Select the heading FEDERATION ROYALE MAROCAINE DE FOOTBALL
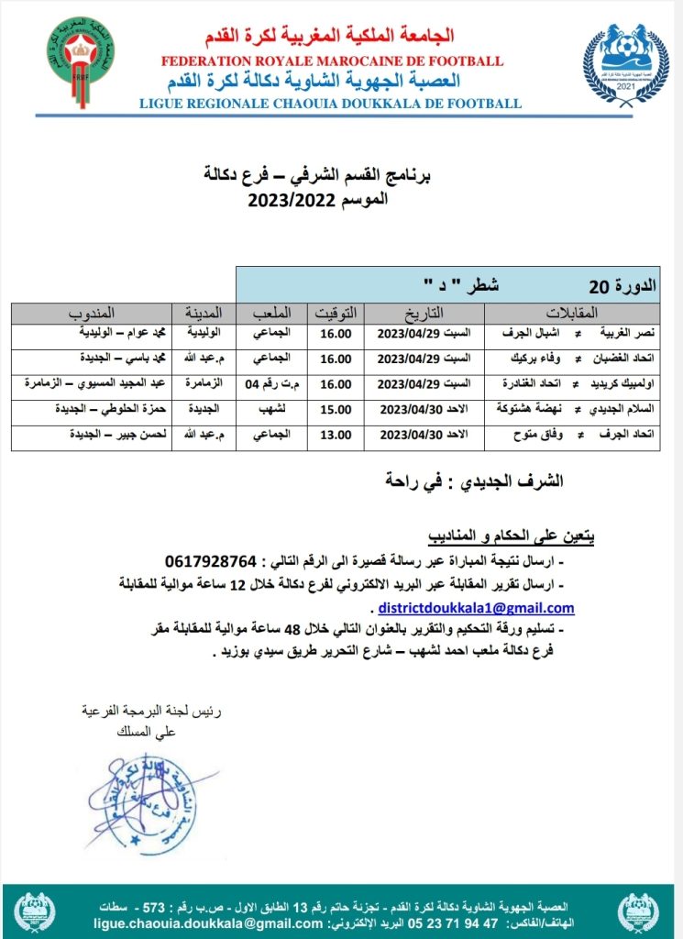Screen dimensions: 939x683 click(x=331, y=61)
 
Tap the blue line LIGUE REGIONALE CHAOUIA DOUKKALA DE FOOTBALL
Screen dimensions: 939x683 click(x=330, y=104)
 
